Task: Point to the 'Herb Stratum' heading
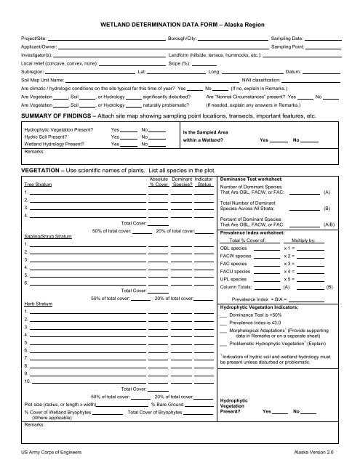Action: point(37,325)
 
